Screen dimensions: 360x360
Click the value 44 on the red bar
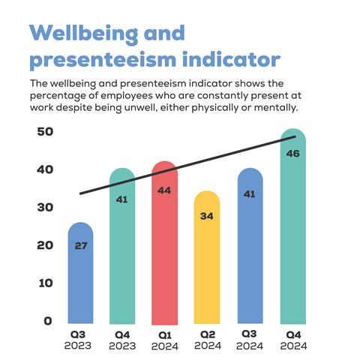(x=163, y=190)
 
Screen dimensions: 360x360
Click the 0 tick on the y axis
(x=48, y=321)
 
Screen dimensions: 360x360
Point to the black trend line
(x=187, y=165)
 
